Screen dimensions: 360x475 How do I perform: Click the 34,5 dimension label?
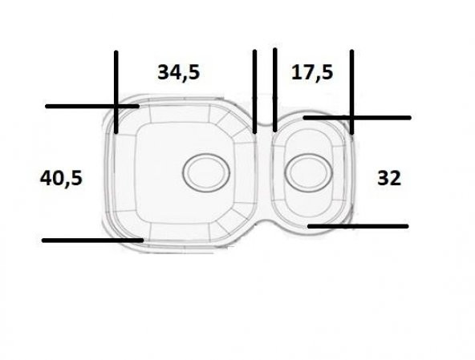click(178, 72)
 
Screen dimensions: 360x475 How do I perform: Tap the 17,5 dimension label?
click(312, 72)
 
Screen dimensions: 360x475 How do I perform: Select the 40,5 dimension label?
click(61, 177)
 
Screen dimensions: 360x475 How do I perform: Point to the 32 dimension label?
click(388, 178)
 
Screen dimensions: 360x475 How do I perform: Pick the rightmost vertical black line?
click(351, 80)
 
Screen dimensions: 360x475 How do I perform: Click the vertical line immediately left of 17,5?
click(274, 88)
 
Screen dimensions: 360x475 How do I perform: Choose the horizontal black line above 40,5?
click(80, 106)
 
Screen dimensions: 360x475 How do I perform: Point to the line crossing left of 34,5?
click(116, 106)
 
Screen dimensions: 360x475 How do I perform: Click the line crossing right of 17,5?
click(351, 118)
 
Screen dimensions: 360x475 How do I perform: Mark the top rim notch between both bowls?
click(265, 128)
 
